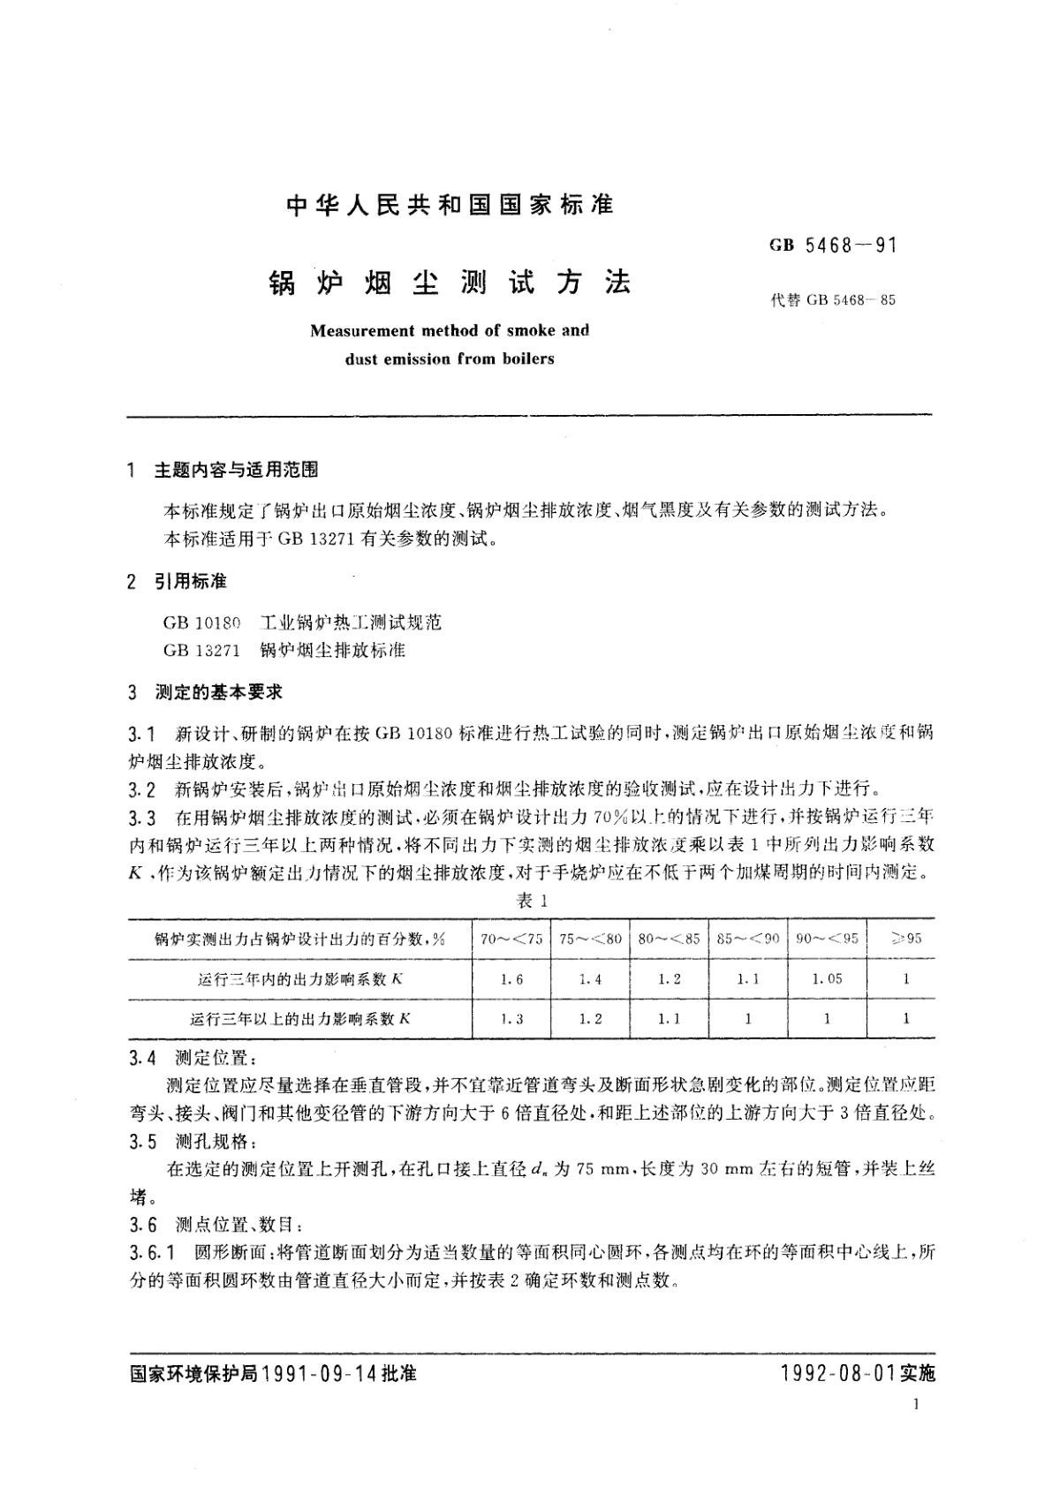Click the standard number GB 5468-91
833,245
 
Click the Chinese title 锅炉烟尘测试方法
450,283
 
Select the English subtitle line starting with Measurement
450,331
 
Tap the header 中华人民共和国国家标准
450,206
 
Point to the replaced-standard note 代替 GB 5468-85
833,300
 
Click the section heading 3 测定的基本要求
206,692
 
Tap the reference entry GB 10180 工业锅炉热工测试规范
302,623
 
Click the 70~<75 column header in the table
511,939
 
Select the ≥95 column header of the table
906,939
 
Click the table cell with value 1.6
511,978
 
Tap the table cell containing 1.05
827,978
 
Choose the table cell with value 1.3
511,1018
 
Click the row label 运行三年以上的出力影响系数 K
300,1018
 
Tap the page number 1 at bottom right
920,1405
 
